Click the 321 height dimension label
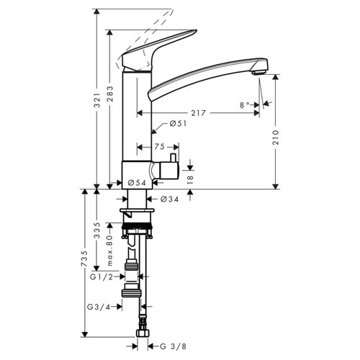point(96,100)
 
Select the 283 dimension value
point(109,94)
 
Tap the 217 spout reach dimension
point(198,113)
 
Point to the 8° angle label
point(245,105)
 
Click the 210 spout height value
point(276,137)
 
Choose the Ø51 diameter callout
point(178,123)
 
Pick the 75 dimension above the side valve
point(159,146)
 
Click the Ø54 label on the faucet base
point(137,183)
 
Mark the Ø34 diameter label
point(170,199)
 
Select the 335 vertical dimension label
point(96,230)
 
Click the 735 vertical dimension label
point(84,258)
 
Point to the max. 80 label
point(109,251)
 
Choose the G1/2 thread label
point(102,277)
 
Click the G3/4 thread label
point(99,307)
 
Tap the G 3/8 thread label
point(173,346)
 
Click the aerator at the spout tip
point(258,72)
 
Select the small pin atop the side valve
point(173,158)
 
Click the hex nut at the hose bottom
point(143,333)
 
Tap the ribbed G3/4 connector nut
point(131,293)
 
